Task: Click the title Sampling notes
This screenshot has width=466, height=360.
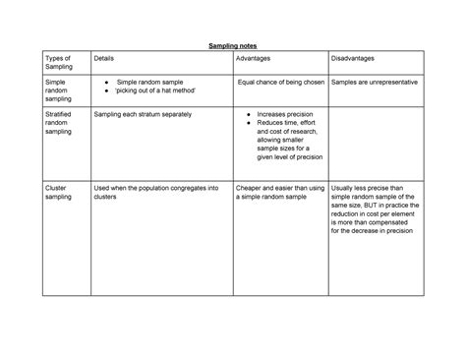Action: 233,46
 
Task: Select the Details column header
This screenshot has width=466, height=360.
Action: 103,59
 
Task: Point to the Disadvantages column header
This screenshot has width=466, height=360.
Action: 356,59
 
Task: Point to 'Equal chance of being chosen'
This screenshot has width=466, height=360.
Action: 279,82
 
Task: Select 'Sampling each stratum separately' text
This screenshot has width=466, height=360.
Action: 143,114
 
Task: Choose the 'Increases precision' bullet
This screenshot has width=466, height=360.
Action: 285,114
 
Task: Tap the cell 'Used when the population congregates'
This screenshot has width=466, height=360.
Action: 155,191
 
